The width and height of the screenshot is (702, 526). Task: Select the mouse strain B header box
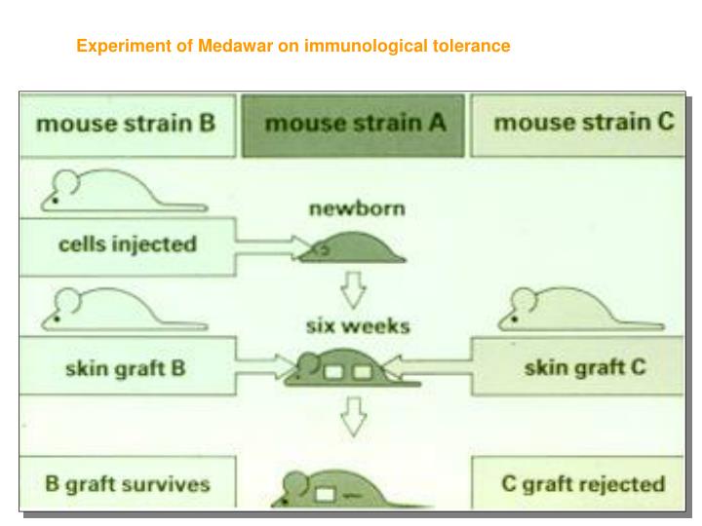[x=126, y=125]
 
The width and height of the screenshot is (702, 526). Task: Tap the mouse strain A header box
[x=354, y=125]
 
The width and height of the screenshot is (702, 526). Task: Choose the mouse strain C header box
[x=582, y=124]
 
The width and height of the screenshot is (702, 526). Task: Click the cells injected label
[x=127, y=244]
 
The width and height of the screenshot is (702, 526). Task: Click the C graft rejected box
[x=583, y=483]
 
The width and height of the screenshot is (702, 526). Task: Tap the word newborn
[x=356, y=208]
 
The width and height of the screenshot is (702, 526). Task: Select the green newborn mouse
[x=352, y=249]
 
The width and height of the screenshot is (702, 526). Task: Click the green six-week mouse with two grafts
[x=341, y=369]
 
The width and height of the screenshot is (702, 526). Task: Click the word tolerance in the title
[x=474, y=46]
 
